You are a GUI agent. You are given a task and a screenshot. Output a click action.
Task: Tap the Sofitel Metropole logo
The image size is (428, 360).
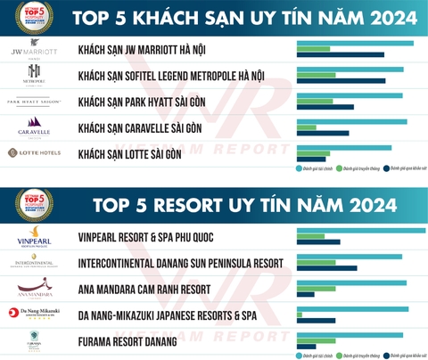(x=35, y=77)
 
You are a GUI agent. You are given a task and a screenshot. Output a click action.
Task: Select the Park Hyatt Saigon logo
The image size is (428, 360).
(x=35, y=102)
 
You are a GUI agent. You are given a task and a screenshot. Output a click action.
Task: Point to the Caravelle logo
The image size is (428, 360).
(x=35, y=129)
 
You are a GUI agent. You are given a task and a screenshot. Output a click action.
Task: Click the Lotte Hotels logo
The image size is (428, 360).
(x=35, y=153)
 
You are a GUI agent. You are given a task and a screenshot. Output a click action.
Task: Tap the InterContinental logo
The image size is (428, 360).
(x=35, y=264)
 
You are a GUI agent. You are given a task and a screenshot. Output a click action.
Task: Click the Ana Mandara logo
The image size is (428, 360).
(x=35, y=290)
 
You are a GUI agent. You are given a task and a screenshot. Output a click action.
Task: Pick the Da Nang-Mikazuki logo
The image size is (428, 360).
(x=35, y=315)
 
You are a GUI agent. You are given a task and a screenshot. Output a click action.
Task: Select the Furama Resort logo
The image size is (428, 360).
(x=35, y=341)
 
